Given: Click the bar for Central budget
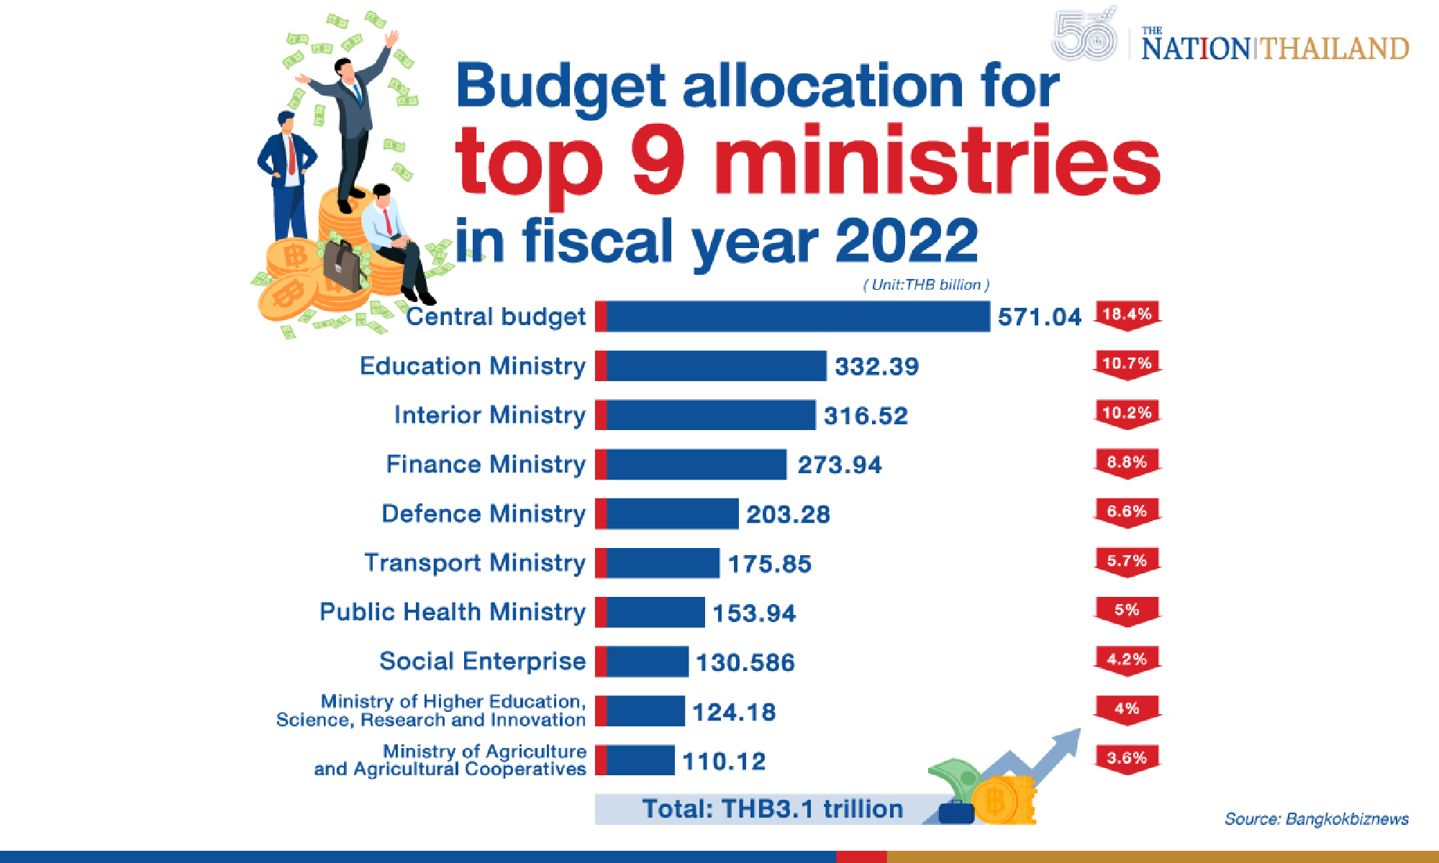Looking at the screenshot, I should (791, 316).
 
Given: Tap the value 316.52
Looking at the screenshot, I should (866, 416).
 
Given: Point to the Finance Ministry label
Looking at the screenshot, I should (486, 465).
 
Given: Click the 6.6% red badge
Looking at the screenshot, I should (1127, 511).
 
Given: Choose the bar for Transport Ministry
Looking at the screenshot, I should (658, 563).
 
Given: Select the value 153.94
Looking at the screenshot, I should (754, 613).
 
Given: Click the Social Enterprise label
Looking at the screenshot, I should (482, 662).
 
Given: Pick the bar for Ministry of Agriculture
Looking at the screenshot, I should (635, 760).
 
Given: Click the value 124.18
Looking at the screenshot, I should (734, 712).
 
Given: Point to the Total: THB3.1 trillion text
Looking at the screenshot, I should (772, 809).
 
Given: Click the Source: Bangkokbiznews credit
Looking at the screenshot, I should (1316, 819).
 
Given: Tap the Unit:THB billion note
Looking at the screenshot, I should (926, 285).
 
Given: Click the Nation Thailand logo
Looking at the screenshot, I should (1274, 47).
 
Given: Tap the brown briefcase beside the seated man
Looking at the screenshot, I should (341, 265).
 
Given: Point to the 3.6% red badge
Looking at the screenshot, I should (1127, 758).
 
